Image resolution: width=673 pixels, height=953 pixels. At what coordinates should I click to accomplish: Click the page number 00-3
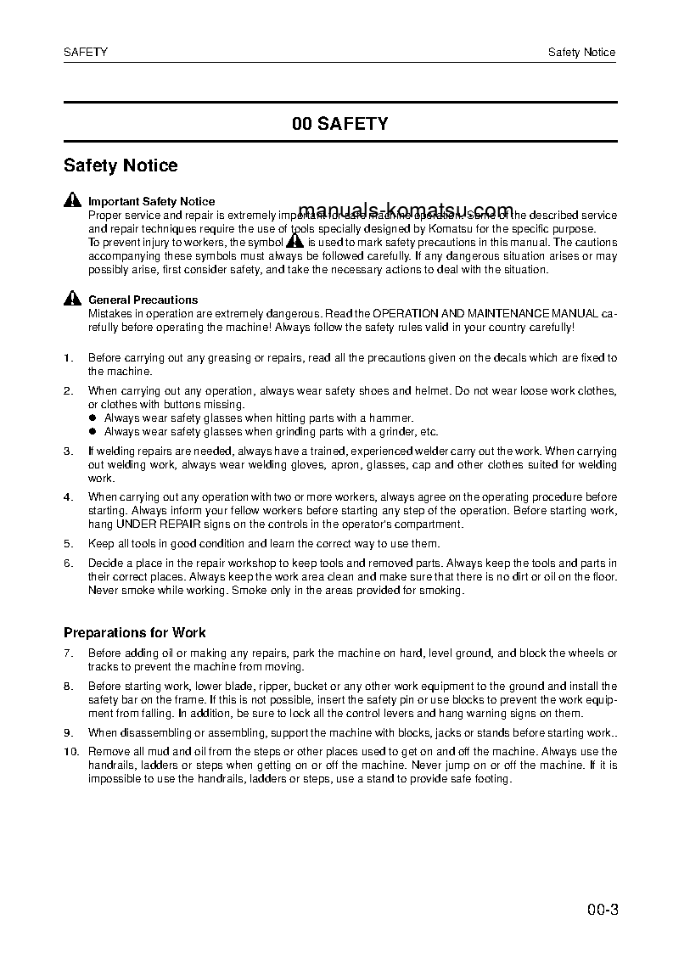pyautogui.click(x=602, y=912)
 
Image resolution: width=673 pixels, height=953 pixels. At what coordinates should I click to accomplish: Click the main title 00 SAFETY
pyautogui.click(x=339, y=124)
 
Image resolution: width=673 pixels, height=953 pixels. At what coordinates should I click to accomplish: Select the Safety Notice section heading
pyautogui.click(x=121, y=166)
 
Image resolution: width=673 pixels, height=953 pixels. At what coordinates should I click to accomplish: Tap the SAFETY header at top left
pyautogui.click(x=86, y=53)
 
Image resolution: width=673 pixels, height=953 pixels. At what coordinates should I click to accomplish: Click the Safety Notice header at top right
pyautogui.click(x=581, y=53)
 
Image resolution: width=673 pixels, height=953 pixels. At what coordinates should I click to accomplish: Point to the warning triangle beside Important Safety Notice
pyautogui.click(x=71, y=201)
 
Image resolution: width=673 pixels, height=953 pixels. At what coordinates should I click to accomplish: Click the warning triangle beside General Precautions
pyautogui.click(x=71, y=299)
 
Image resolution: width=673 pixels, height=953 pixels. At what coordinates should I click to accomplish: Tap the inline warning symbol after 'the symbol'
pyautogui.click(x=294, y=242)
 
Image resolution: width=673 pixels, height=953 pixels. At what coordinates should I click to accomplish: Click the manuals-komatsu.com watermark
pyautogui.click(x=407, y=211)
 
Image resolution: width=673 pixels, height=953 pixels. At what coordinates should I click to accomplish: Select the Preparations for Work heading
pyautogui.click(x=135, y=633)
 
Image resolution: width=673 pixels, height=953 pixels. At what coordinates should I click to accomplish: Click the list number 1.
pyautogui.click(x=68, y=358)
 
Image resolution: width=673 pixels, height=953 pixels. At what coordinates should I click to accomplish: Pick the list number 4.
pyautogui.click(x=68, y=496)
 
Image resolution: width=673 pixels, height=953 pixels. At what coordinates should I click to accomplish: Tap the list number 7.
pyautogui.click(x=68, y=653)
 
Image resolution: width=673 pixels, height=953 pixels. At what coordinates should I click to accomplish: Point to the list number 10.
pyautogui.click(x=70, y=752)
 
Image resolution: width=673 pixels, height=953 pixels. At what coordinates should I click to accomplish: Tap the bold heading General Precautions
pyautogui.click(x=143, y=300)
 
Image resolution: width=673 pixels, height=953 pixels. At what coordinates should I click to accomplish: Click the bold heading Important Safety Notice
pyautogui.click(x=151, y=202)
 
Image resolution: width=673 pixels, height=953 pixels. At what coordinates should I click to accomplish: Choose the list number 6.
pyautogui.click(x=68, y=563)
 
